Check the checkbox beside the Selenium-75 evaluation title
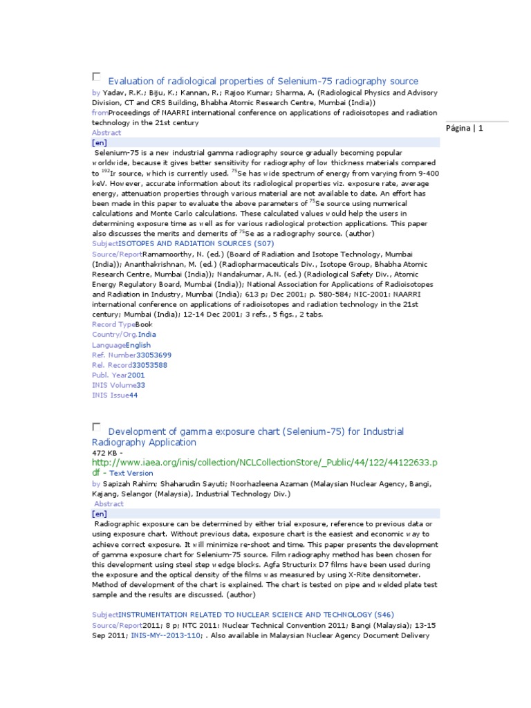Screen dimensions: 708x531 pos(96,76)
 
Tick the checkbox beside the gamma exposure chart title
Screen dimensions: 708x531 pos(96,427)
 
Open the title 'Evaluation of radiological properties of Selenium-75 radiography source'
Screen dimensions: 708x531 pos(263,81)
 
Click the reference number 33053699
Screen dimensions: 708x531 pos(153,355)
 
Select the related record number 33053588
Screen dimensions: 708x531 pos(149,364)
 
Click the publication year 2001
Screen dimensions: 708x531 pos(136,375)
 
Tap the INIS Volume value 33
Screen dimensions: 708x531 pos(140,384)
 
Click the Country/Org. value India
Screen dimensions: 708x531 pos(147,334)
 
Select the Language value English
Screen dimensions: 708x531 pos(138,344)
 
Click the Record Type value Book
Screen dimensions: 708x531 pos(144,324)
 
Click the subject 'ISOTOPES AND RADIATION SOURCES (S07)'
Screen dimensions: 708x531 pos(196,243)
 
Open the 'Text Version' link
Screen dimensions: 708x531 pos(131,473)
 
